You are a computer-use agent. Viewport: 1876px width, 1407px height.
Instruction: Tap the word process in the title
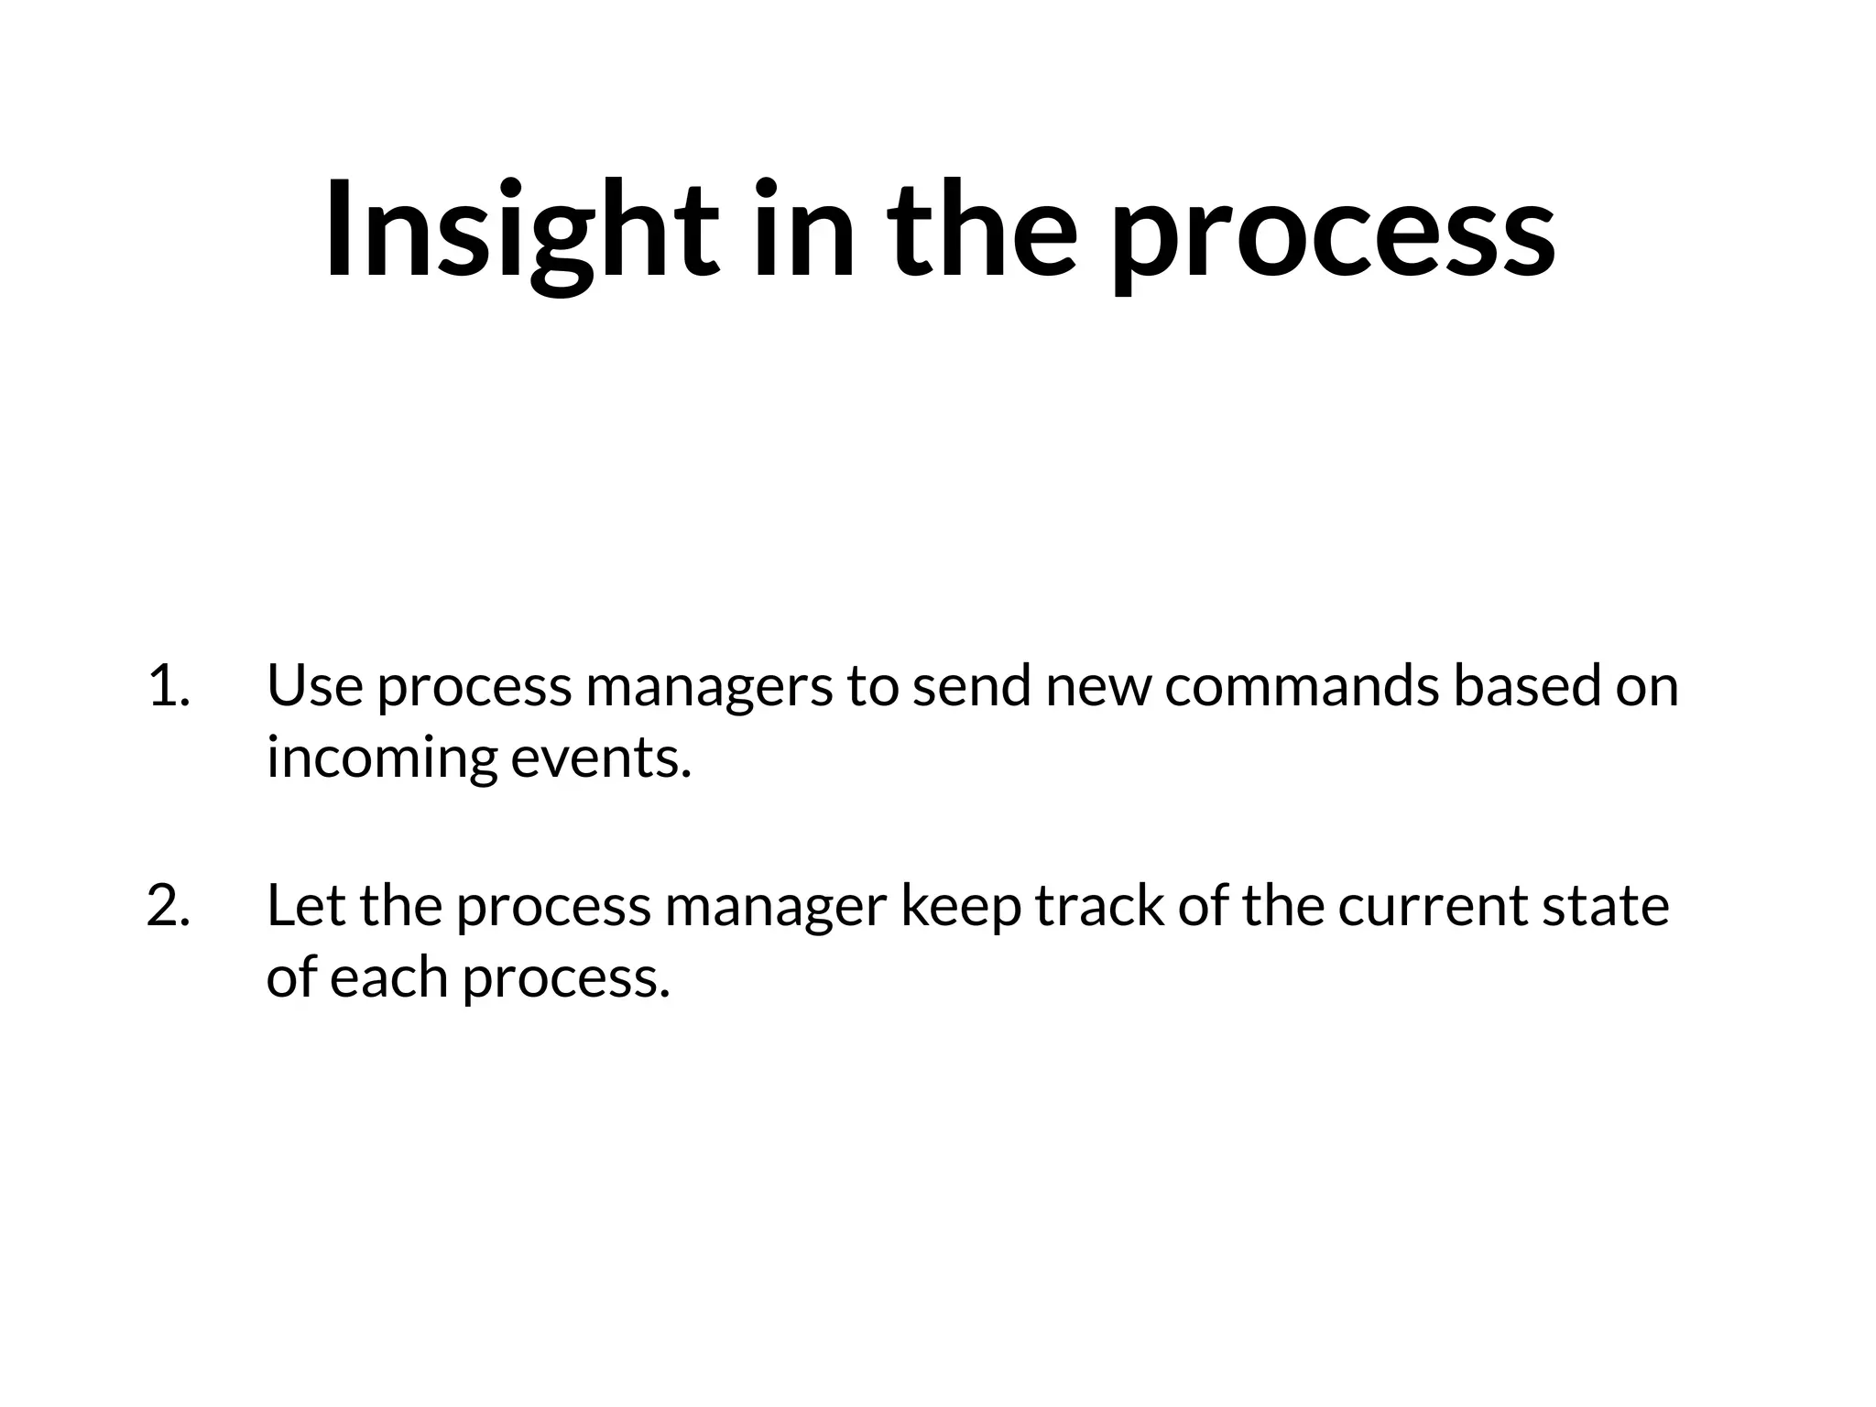[1332, 234]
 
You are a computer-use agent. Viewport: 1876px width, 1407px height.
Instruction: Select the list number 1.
[168, 685]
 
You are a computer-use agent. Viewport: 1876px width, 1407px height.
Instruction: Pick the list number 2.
[168, 905]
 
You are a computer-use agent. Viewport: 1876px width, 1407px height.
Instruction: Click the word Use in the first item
[315, 685]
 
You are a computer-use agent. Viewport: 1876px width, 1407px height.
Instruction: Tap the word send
[972, 685]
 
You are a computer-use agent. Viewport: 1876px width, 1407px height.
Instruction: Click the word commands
[1302, 685]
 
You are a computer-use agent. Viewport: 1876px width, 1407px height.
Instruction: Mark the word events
[600, 758]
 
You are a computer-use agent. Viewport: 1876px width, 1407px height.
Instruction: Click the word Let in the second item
[306, 905]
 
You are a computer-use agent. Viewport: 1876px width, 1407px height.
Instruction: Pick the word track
[1100, 905]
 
